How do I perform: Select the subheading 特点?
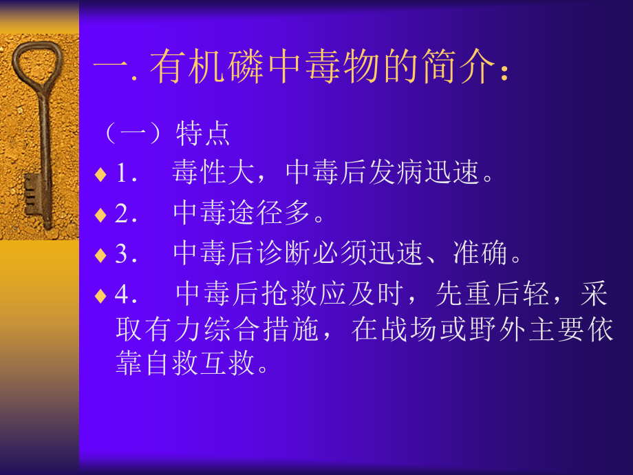[x=203, y=134]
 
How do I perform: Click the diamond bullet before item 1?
[x=100, y=174]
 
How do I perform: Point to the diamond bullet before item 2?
[x=100, y=215]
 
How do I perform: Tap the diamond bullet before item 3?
[x=100, y=255]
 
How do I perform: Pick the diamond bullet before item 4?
[x=100, y=296]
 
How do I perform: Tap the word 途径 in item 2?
[x=272, y=215]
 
